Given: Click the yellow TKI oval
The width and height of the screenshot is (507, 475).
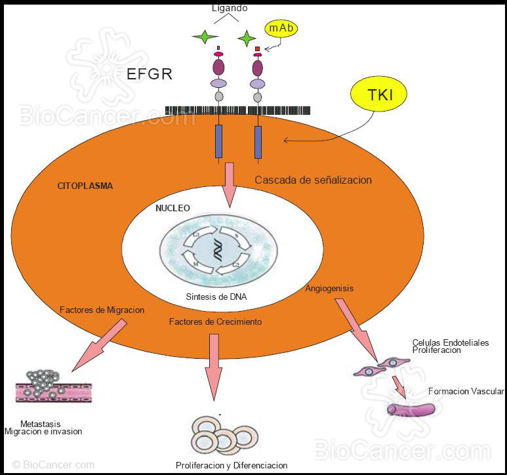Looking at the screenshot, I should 380,94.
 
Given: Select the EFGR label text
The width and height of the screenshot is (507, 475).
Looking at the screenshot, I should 150,73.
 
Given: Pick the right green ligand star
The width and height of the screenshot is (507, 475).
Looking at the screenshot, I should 247,39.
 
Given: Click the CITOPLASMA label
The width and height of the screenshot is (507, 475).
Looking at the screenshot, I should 85,186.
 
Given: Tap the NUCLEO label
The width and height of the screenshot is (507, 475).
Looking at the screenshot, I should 172,208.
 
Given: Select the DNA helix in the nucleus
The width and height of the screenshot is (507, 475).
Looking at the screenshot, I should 216,250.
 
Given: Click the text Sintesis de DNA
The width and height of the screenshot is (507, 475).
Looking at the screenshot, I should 216,297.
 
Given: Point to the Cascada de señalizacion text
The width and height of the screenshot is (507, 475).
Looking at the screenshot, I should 313,180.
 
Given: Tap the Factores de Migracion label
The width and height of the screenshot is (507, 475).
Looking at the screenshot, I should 102,310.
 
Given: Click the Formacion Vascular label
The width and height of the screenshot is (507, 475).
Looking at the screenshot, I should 466,392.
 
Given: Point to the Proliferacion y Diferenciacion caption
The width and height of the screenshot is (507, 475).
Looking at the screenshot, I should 232,465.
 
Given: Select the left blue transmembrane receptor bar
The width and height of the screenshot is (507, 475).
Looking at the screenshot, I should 219,142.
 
